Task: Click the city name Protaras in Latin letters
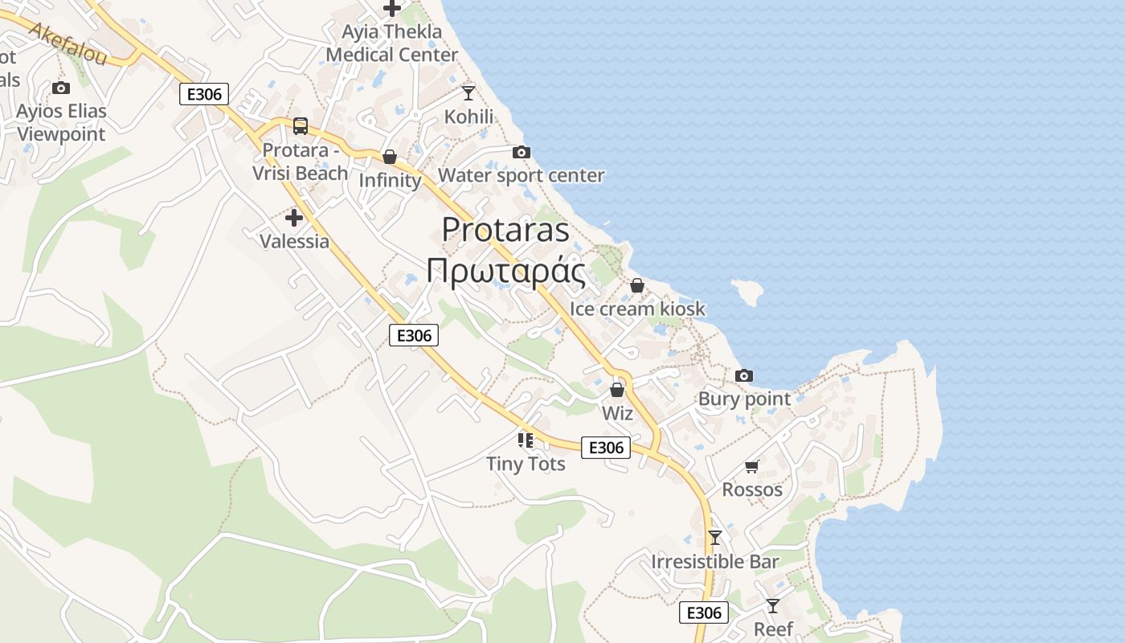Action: [x=505, y=230]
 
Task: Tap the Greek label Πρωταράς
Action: [x=505, y=272]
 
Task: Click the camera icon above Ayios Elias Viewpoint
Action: [x=61, y=88]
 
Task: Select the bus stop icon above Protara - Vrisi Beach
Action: [x=300, y=126]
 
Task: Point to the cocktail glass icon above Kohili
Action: [x=468, y=93]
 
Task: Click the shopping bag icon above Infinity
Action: [x=390, y=157]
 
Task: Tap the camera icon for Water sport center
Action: [x=522, y=152]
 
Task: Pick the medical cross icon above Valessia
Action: [x=294, y=217]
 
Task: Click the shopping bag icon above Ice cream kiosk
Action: [x=637, y=285]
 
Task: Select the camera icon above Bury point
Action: [x=744, y=375]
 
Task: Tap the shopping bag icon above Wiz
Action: [x=617, y=390]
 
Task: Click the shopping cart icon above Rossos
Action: [x=752, y=466]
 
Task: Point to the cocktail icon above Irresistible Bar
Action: [x=715, y=537]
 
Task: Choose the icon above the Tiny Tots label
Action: [x=526, y=440]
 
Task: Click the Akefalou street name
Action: [x=67, y=43]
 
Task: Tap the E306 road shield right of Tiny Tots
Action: [x=605, y=448]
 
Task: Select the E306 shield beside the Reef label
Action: [x=704, y=612]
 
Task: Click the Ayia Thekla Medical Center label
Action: [x=392, y=43]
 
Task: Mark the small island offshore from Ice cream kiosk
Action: [x=747, y=293]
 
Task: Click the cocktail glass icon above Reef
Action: [x=773, y=605]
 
